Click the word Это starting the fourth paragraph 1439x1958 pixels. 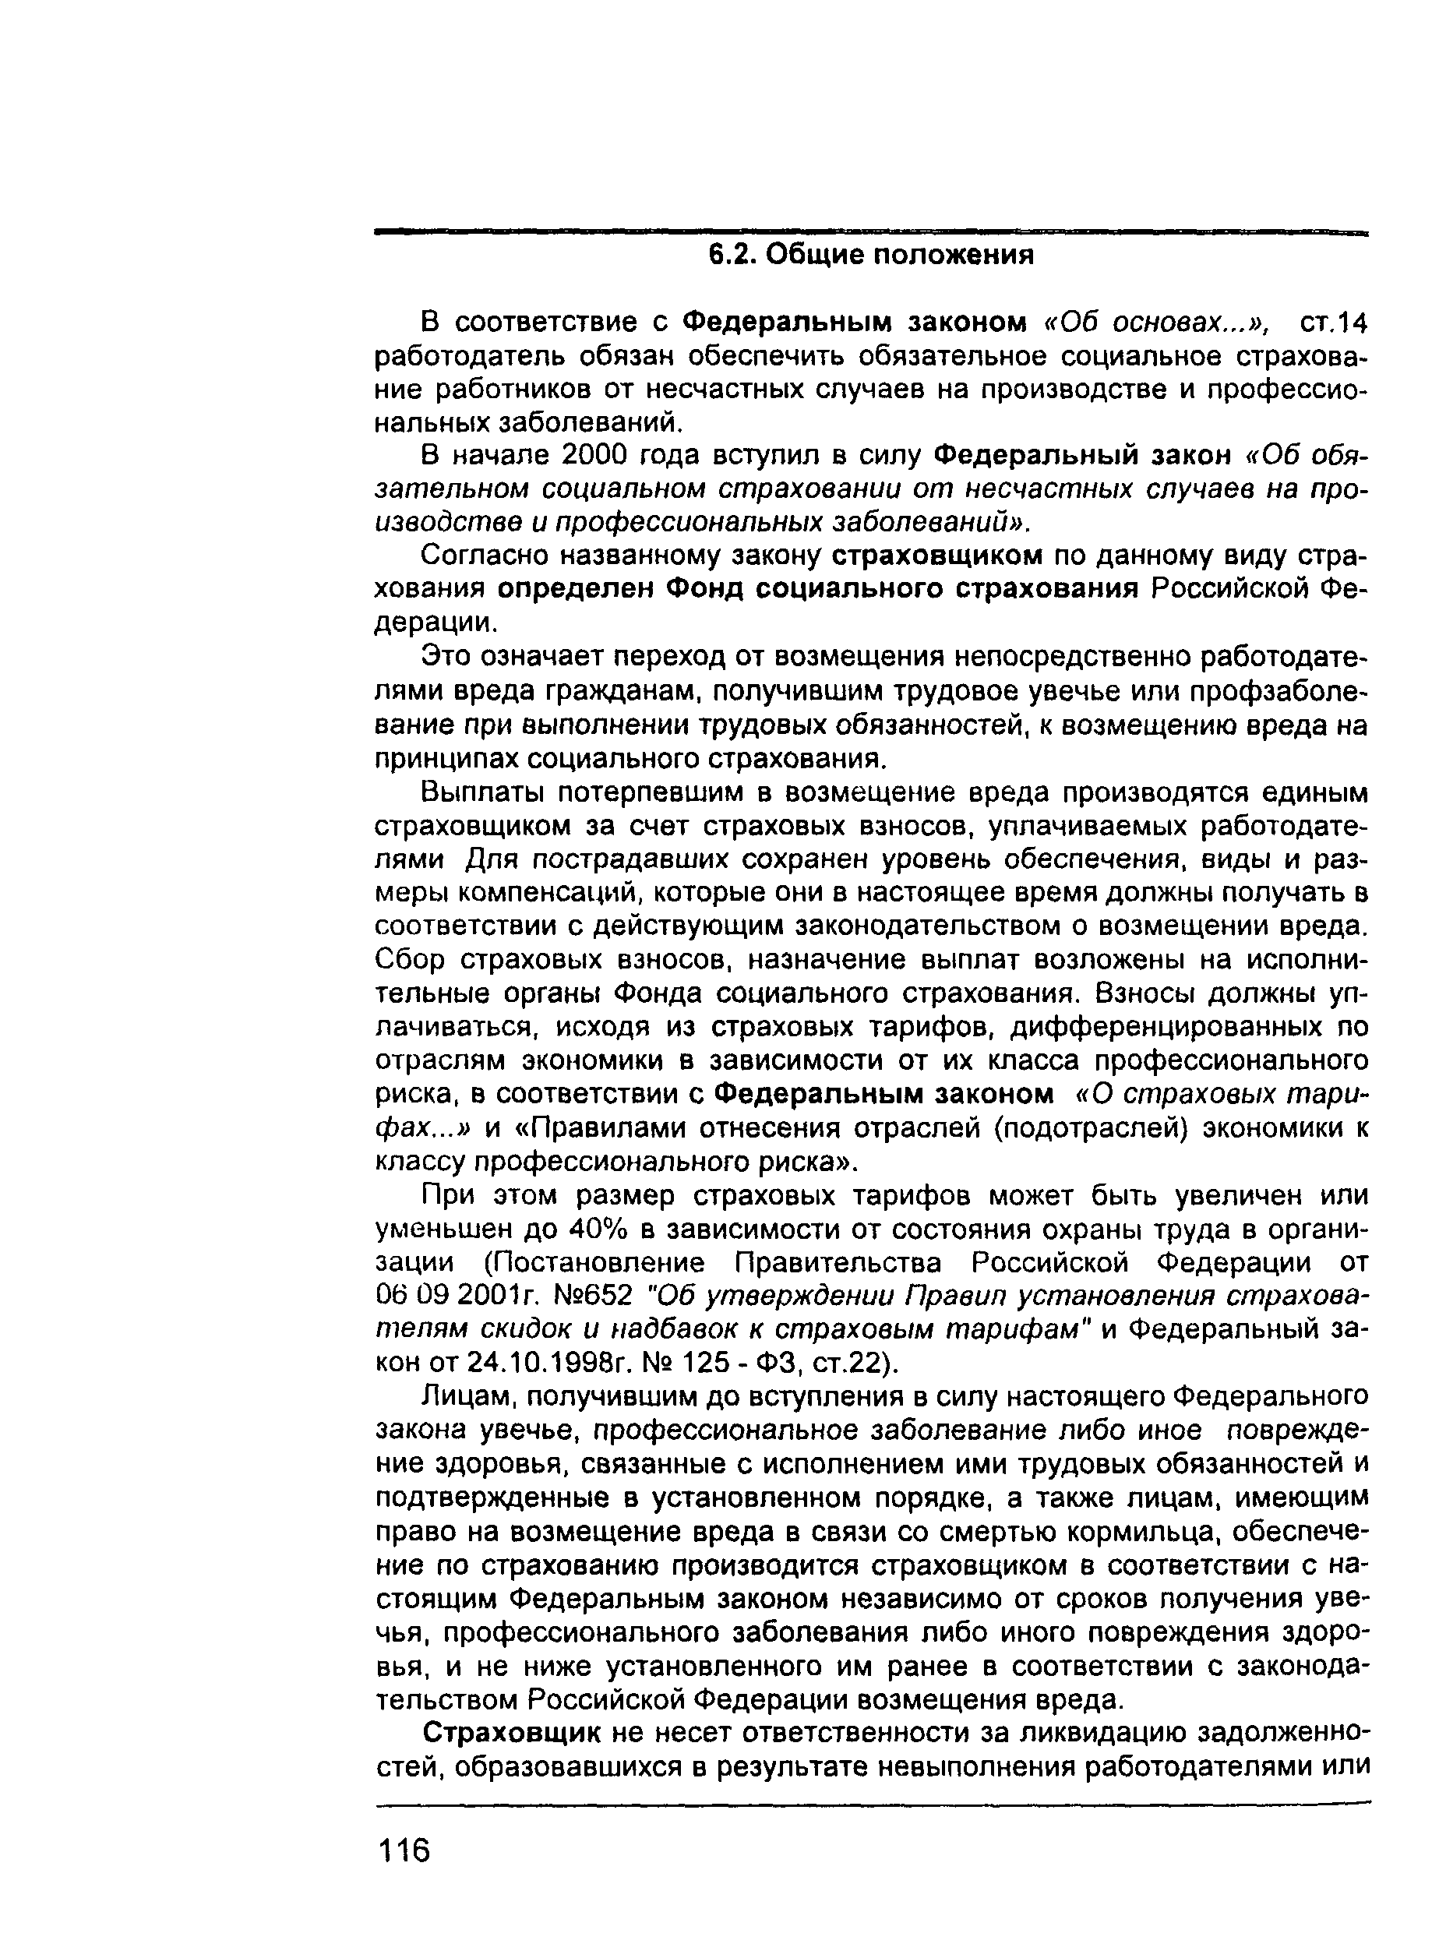pyautogui.click(x=443, y=655)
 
